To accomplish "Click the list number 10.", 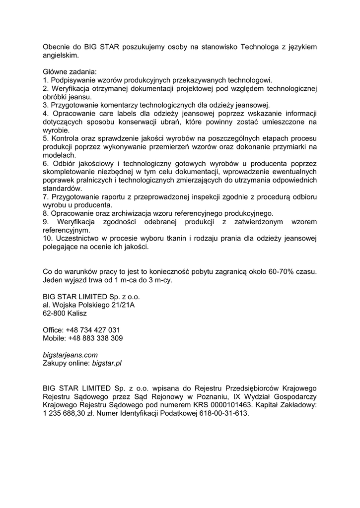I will tap(48, 239).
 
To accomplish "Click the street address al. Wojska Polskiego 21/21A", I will tap(88, 305).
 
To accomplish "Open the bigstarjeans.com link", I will tap(70, 355).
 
